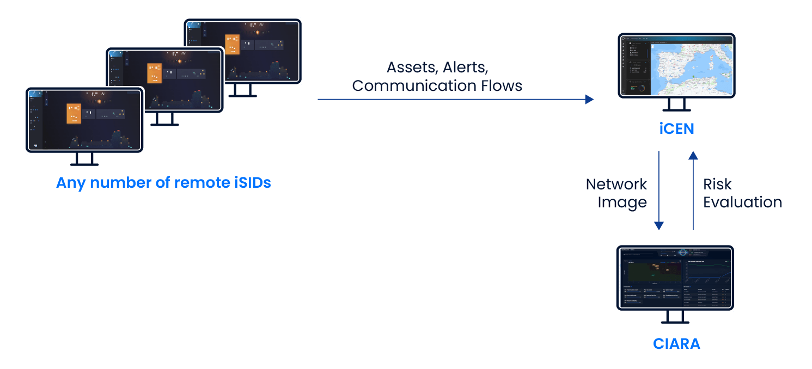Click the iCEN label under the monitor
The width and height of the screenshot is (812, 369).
676,129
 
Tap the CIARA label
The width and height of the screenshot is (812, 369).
676,343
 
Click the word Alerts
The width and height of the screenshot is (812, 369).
464,67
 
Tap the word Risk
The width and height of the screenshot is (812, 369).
717,184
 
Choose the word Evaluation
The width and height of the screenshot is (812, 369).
742,202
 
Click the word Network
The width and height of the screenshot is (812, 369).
616,184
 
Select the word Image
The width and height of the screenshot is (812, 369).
622,202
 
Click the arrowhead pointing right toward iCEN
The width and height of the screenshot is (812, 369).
589,99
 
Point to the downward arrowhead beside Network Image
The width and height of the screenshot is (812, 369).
659,225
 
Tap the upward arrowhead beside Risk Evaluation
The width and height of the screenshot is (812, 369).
693,156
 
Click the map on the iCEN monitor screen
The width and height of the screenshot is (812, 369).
691,67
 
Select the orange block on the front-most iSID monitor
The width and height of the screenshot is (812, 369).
74,114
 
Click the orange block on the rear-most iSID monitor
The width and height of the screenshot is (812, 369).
232,44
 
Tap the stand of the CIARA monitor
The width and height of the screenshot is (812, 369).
676,318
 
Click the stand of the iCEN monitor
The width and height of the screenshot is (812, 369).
676,106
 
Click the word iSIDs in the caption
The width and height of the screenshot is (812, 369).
252,183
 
